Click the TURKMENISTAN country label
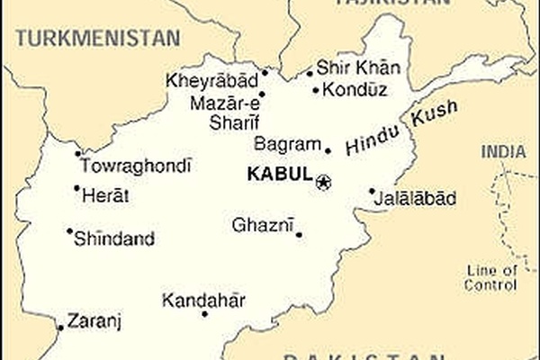tap(98, 38)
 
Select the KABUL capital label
tap(279, 175)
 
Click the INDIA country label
tap(502, 152)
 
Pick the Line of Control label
tap(490, 278)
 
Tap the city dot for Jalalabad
tap(372, 191)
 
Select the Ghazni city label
tap(263, 225)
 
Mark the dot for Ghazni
tap(299, 235)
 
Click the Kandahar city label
tap(204, 300)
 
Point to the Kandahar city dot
tap(204, 314)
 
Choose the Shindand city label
tap(114, 239)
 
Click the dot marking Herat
tap(76, 188)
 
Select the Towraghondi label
tap(136, 166)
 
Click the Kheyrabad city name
tap(211, 82)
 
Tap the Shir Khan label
tap(357, 69)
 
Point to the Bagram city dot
tap(328, 151)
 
